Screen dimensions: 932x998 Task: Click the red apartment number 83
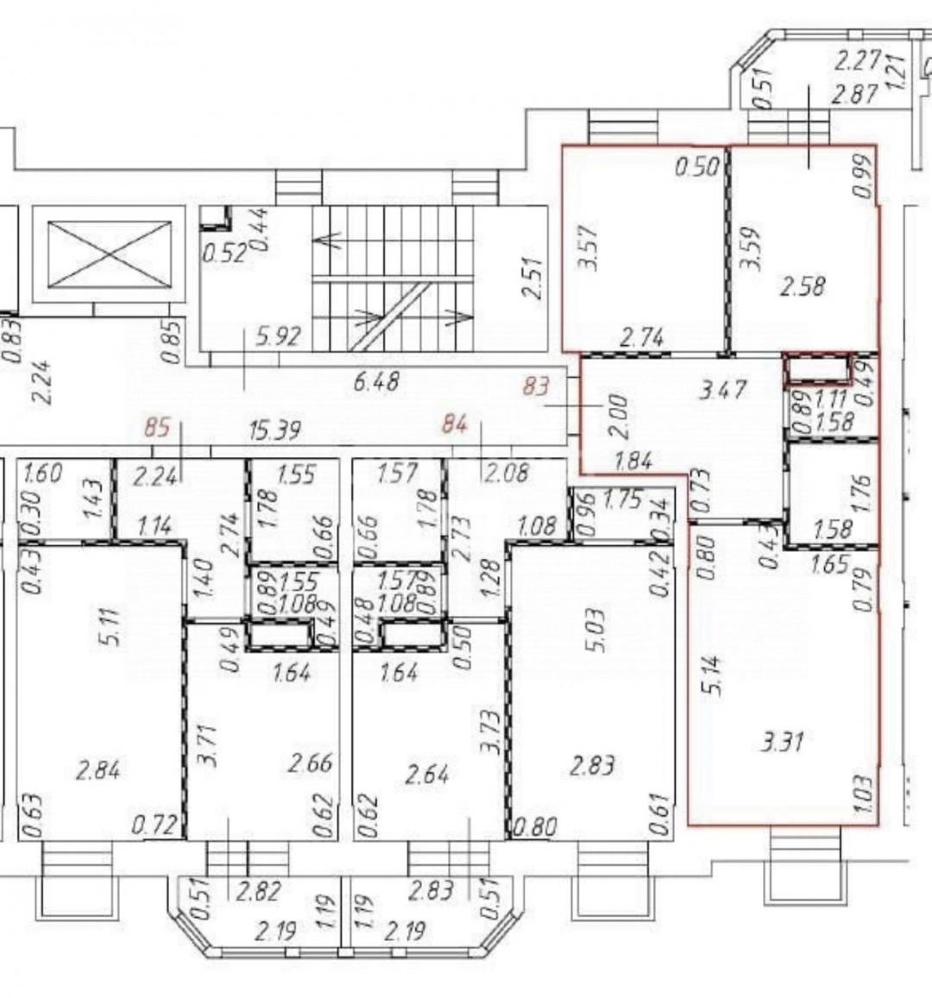(535, 386)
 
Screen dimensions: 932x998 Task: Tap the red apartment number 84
(455, 424)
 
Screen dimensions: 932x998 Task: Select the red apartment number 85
(156, 426)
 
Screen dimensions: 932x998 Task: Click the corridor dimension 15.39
(275, 431)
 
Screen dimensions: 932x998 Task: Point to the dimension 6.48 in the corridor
(375, 382)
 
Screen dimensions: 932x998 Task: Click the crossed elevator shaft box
(110, 254)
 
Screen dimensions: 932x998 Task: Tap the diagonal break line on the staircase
(389, 317)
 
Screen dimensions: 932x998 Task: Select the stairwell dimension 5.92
(277, 336)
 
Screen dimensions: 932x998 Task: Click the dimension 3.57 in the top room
(590, 247)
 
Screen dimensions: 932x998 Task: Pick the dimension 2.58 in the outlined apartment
(803, 286)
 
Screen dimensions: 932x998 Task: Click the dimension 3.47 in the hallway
(722, 390)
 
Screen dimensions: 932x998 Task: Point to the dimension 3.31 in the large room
(783, 742)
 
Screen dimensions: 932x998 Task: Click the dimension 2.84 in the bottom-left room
(98, 771)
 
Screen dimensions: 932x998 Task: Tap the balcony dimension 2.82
(258, 891)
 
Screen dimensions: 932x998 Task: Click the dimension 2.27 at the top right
(857, 62)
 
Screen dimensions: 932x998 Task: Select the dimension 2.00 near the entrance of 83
(620, 417)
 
